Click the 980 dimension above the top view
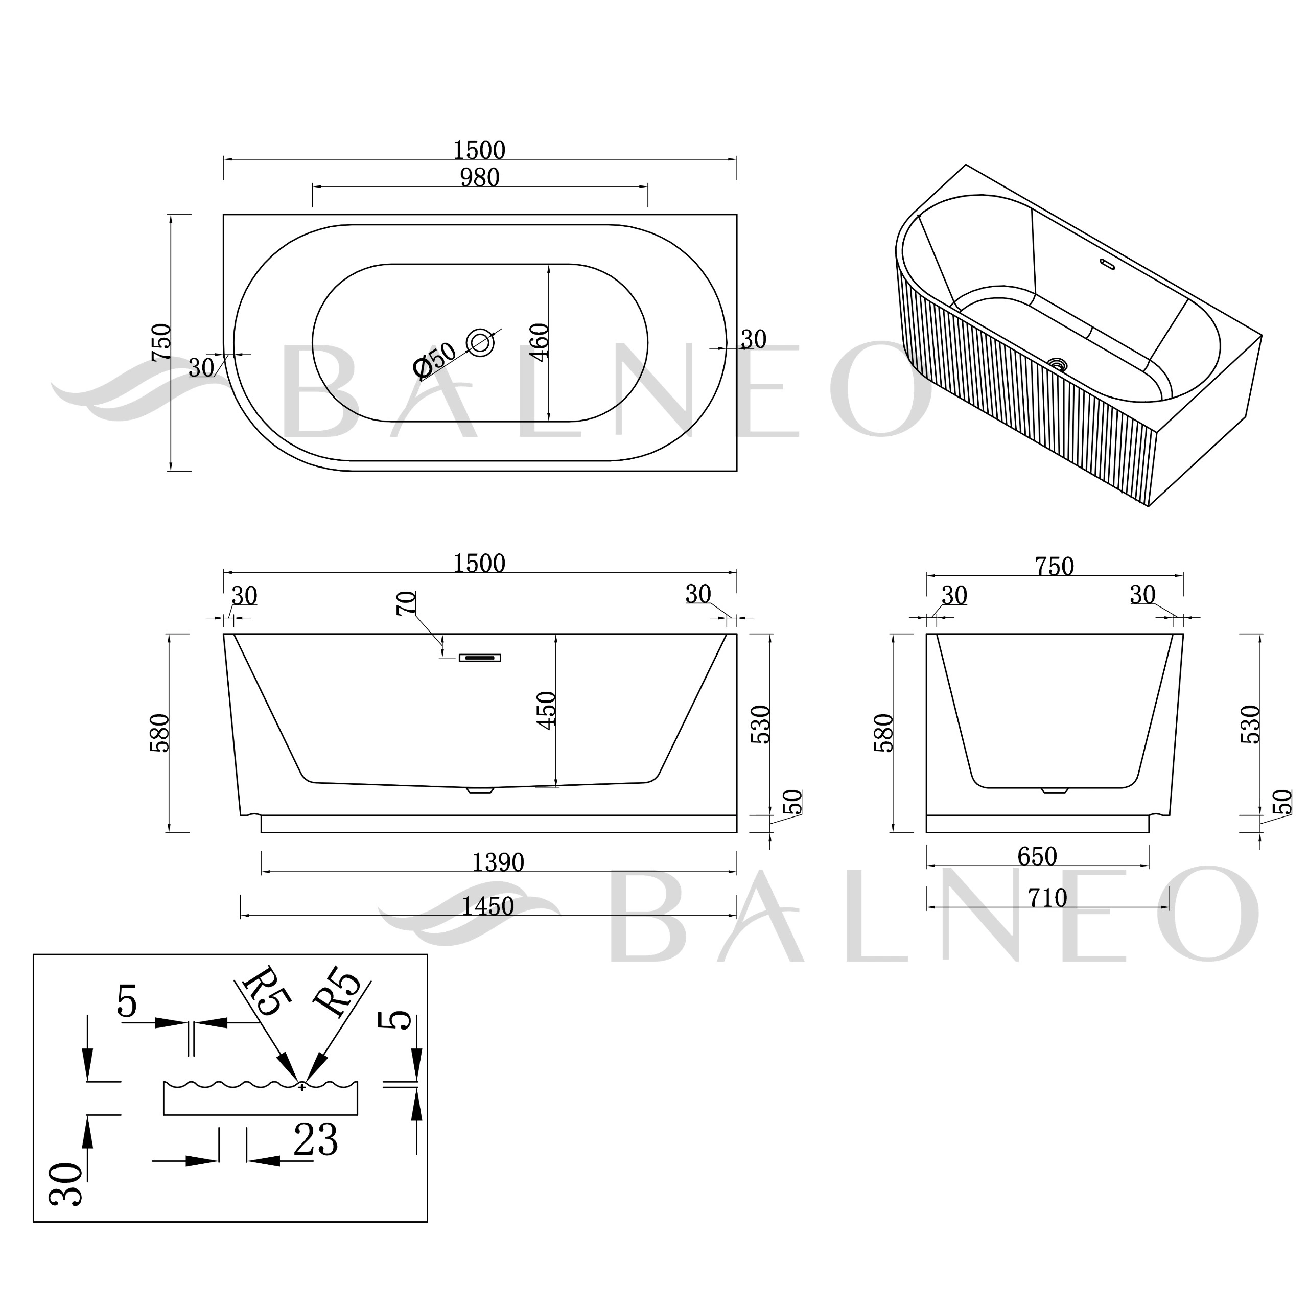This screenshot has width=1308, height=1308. [479, 177]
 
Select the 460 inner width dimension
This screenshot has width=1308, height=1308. [540, 342]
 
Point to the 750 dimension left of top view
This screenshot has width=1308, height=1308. [161, 342]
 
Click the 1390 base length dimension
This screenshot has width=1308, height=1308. [498, 862]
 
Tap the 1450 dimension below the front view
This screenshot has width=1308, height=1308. [488, 906]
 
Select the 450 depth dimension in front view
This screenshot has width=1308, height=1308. [546, 710]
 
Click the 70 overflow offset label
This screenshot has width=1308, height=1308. [406, 602]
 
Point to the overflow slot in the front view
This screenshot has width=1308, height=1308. [480, 658]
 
